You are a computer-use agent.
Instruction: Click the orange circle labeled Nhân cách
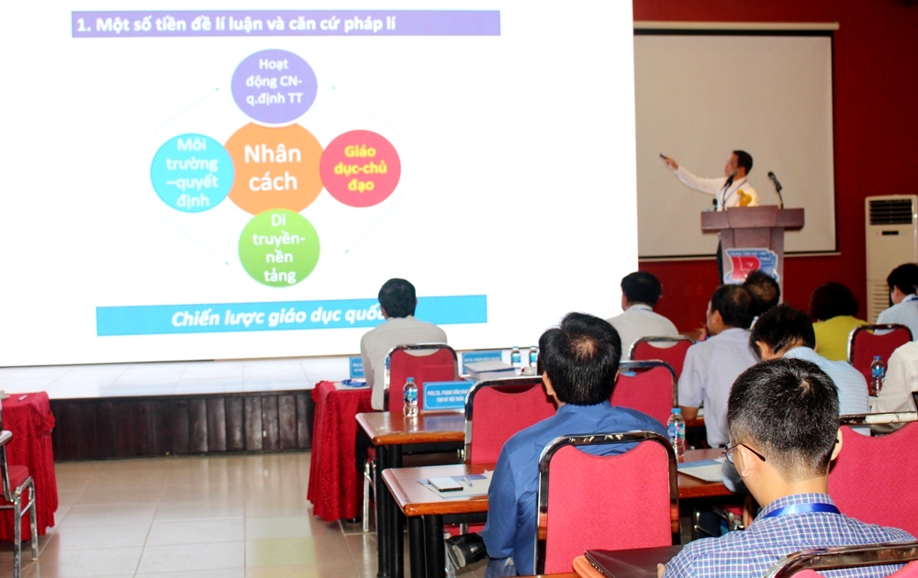273,169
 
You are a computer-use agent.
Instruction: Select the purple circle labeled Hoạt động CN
274,87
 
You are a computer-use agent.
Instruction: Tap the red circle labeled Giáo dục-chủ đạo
360,168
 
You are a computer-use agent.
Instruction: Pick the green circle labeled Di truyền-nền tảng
279,248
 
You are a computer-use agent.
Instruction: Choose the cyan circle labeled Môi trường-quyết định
192,172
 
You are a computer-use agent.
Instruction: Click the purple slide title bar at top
285,24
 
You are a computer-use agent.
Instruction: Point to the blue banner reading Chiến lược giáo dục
291,316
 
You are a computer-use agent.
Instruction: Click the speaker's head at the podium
741,162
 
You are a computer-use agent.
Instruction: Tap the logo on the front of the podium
750,264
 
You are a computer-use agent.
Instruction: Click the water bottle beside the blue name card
410,396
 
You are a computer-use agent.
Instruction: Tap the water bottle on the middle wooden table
677,431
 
